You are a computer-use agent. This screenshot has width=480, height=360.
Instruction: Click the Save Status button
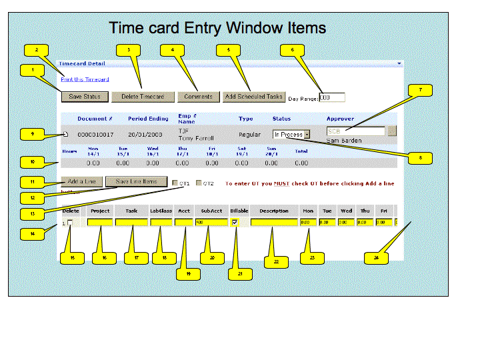click(84, 97)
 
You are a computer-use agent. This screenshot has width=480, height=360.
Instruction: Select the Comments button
click(198, 97)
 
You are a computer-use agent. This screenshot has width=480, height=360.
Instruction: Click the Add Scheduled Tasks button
click(254, 97)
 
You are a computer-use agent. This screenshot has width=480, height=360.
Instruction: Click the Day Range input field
click(332, 97)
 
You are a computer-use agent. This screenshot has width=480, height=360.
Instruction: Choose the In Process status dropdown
click(291, 135)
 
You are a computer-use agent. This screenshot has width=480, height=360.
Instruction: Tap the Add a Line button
click(83, 181)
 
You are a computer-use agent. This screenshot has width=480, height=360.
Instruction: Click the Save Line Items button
click(136, 181)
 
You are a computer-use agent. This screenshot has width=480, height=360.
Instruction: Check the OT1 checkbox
click(175, 183)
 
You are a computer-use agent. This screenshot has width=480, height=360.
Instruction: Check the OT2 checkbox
click(199, 183)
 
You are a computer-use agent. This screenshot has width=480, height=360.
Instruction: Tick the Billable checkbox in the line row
click(235, 223)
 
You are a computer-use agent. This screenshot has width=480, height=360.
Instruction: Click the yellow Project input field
click(100, 223)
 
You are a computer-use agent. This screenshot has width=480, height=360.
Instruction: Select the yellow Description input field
click(274, 223)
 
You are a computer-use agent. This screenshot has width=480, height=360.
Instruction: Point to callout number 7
click(420, 89)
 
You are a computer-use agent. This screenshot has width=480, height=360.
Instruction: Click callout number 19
click(188, 273)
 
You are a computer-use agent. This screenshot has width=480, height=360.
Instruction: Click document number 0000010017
click(95, 135)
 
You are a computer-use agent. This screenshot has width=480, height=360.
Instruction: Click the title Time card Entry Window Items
click(217, 28)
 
